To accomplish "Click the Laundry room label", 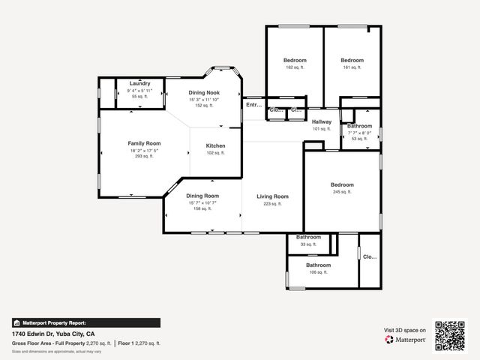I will [139, 83].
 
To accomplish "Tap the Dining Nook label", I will [203, 92].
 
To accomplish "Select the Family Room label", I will [144, 142].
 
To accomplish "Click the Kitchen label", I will [215, 145].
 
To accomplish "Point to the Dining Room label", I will [202, 196].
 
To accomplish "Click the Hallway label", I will [321, 121].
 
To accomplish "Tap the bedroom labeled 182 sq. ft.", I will [294, 60].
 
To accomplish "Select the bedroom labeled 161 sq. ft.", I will [352, 60].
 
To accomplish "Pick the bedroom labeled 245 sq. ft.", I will [341, 184].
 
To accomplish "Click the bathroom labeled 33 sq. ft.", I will [308, 237].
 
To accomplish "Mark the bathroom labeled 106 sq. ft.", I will [318, 265].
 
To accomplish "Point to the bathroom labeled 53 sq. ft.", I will [359, 126].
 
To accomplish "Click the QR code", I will [450, 335].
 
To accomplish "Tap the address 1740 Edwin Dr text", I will [53, 333].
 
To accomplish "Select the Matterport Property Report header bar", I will [85, 322].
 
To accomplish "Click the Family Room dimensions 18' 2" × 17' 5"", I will [144, 150].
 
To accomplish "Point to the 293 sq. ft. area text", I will [144, 156].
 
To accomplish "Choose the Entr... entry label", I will [254, 105].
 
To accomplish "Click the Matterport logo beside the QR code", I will [406, 339].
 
